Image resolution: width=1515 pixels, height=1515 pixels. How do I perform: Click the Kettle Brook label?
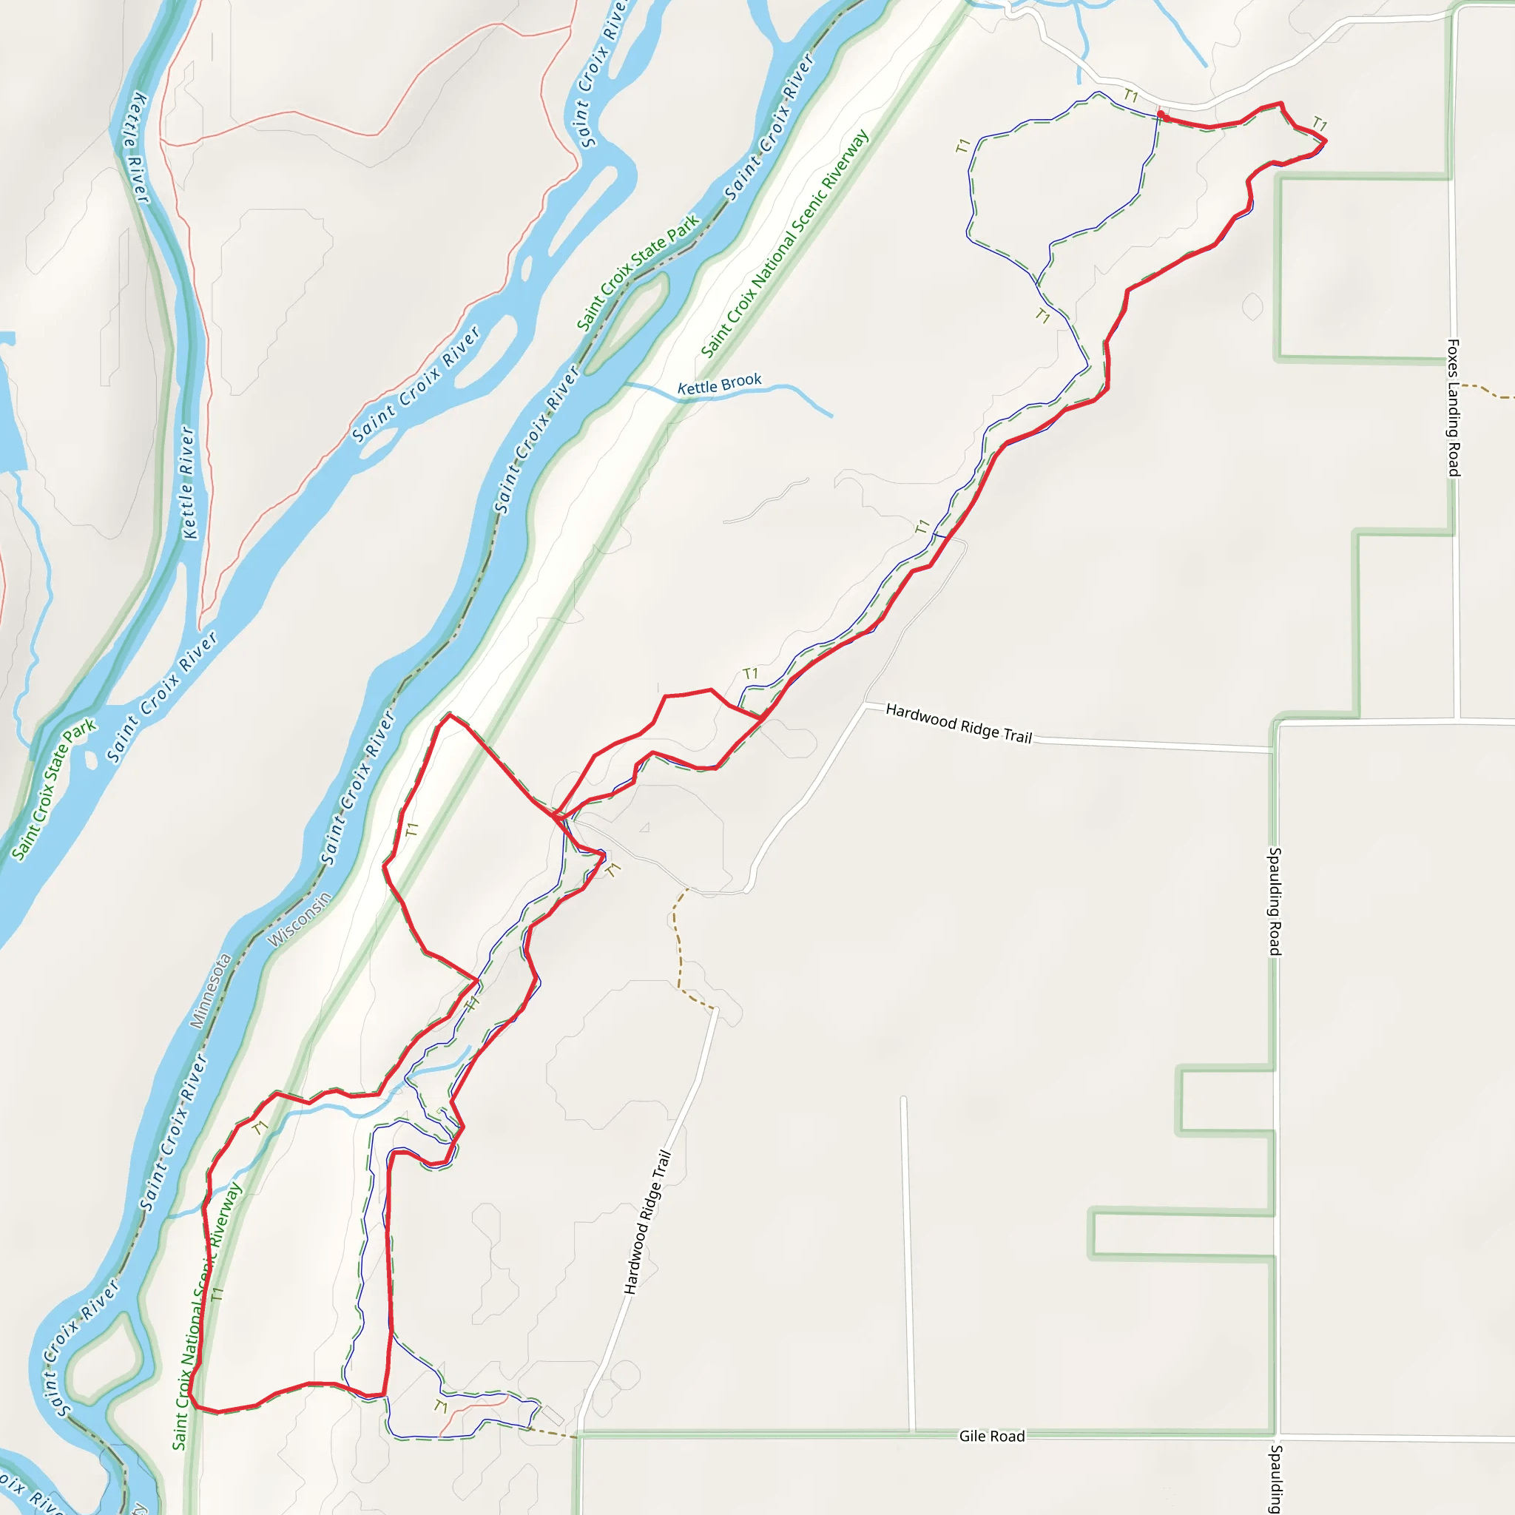[719, 384]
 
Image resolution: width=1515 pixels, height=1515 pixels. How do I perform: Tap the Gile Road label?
[991, 1436]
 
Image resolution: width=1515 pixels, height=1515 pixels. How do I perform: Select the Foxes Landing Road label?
[1453, 407]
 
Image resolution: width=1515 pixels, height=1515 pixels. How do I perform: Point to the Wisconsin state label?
[300, 919]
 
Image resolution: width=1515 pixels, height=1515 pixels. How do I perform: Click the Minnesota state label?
[211, 990]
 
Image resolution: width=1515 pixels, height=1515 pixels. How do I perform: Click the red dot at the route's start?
[1161, 115]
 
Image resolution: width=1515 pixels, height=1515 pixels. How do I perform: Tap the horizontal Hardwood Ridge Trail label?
[958, 722]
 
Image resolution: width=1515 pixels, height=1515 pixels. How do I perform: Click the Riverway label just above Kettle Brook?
[785, 243]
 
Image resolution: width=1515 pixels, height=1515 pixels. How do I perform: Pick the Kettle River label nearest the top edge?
[135, 147]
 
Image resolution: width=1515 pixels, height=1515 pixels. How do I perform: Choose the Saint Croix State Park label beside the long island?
[638, 272]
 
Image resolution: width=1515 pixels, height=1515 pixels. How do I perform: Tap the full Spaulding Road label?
[1275, 901]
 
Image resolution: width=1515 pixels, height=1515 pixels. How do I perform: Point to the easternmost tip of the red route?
[1325, 141]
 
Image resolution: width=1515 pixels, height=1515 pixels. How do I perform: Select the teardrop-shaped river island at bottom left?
[105, 1361]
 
